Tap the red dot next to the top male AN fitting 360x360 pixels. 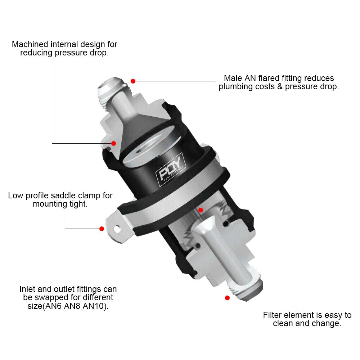[133, 81]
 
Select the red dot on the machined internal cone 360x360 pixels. [113, 143]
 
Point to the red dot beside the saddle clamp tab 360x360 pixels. [102, 229]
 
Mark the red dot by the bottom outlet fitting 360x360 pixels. [227, 298]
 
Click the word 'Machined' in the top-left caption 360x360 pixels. [30, 44]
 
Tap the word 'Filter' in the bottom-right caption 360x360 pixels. [273, 315]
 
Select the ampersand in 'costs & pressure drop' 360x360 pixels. [280, 87]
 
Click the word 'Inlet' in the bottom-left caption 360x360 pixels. [28, 289]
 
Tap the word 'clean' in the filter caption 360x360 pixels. [285, 323]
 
